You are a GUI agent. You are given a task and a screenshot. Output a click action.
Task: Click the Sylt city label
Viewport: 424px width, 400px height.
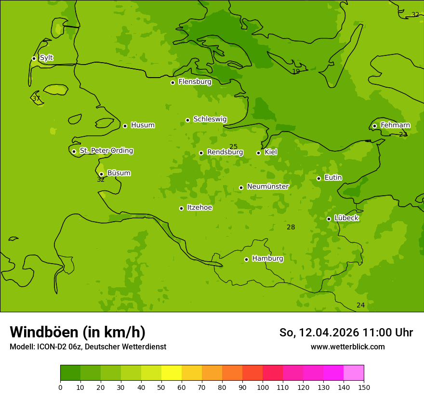[46, 58]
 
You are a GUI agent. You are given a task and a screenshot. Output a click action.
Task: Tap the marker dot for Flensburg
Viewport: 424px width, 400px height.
[172, 82]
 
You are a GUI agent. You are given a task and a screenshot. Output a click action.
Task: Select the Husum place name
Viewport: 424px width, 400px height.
[143, 125]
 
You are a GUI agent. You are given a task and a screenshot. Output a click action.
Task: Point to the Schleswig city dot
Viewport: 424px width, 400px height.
[187, 120]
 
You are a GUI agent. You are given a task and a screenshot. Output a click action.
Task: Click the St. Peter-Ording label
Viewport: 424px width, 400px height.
[106, 151]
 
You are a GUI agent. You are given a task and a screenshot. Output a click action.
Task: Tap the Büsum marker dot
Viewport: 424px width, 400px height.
[101, 174]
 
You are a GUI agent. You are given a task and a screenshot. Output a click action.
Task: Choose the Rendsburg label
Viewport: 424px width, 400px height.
[225, 152]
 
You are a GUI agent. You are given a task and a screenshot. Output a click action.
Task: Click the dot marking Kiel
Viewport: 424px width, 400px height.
[258, 153]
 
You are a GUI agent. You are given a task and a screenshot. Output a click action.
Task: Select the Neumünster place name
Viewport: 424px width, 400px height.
[267, 187]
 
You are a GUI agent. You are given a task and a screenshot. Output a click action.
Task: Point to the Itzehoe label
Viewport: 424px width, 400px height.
[199, 208]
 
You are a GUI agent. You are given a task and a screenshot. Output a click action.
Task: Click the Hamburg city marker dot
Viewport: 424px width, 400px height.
[246, 259]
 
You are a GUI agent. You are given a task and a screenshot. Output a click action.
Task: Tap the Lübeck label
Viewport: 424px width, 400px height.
[346, 218]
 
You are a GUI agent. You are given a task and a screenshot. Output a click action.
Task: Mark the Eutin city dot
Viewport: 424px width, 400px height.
[318, 178]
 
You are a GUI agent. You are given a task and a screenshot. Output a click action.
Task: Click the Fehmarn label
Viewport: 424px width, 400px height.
[395, 125]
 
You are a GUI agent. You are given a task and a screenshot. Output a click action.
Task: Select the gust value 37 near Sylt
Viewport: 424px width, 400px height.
[36, 99]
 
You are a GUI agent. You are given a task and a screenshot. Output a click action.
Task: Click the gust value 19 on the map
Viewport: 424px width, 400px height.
[296, 72]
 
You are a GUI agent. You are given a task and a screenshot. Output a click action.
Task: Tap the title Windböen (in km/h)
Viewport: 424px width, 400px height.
[78, 332]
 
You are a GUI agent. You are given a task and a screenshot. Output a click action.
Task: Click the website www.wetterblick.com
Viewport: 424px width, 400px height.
[347, 347]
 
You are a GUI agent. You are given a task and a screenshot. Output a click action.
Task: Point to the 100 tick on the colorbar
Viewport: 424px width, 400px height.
[263, 387]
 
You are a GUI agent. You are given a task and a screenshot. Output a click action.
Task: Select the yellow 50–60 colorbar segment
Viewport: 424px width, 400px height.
[172, 373]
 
